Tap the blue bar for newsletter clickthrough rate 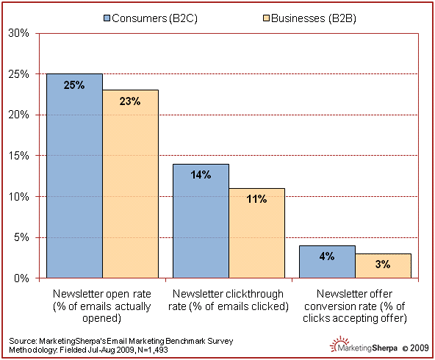coord(200,220)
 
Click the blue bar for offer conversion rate coord(326,261)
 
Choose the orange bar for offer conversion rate coord(382,265)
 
